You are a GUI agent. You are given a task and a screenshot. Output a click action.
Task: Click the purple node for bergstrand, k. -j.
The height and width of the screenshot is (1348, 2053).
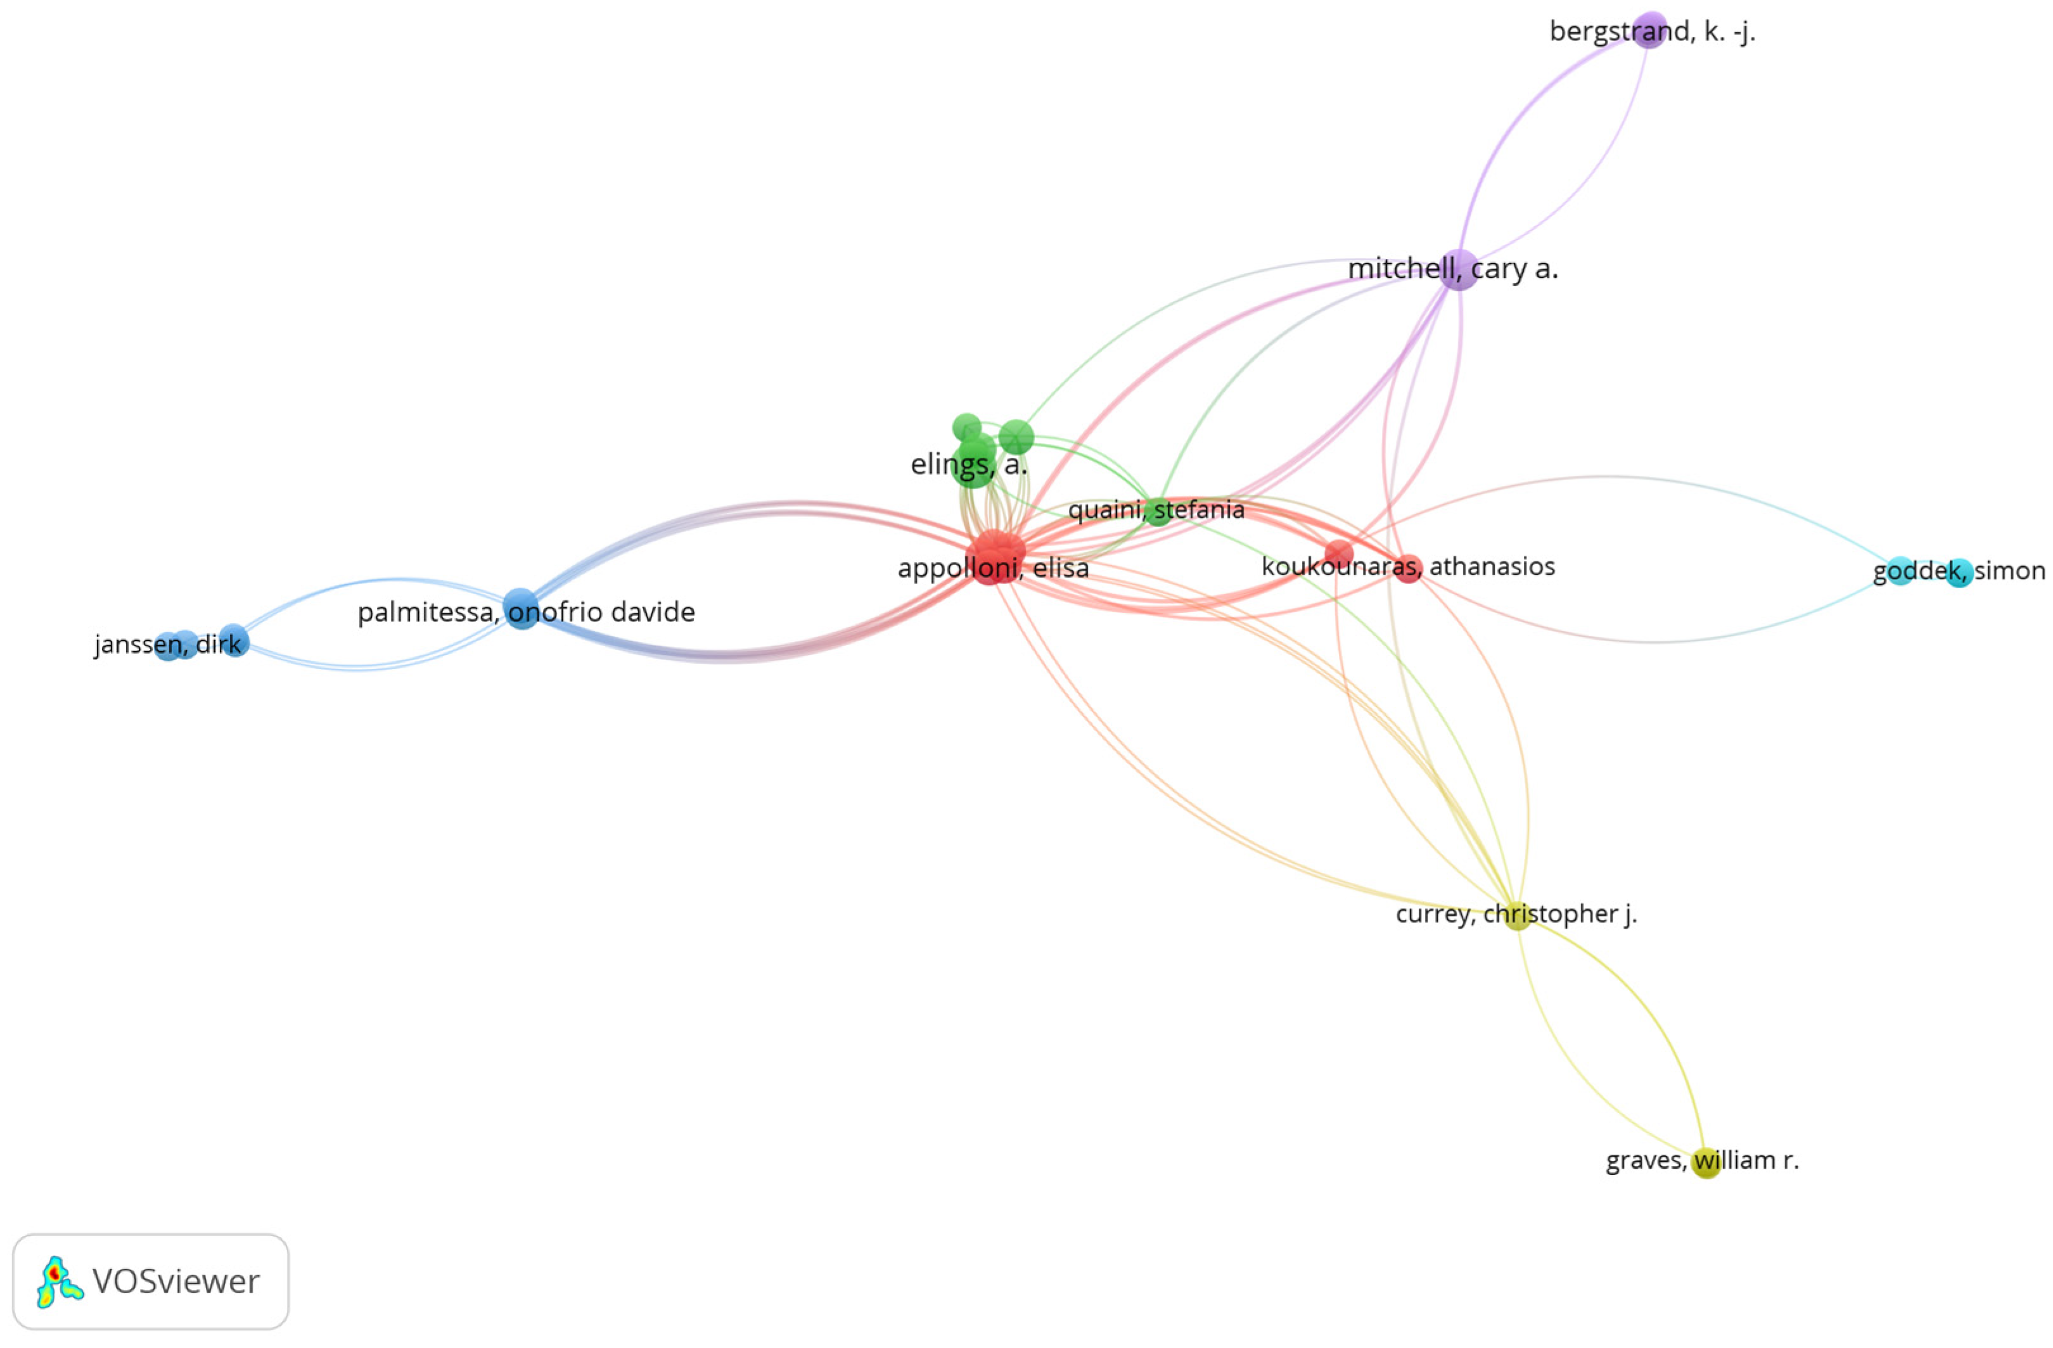(1649, 30)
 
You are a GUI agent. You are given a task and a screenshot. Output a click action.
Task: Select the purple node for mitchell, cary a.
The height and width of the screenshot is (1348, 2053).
(1459, 269)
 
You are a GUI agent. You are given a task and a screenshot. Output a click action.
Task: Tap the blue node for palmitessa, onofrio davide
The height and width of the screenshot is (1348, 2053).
(521, 609)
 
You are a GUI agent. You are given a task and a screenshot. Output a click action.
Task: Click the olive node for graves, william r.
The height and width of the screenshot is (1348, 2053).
(1705, 1162)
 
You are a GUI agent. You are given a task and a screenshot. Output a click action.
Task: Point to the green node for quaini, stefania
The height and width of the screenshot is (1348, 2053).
(1158, 511)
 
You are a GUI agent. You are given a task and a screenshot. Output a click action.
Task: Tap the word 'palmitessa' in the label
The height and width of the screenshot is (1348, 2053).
(426, 613)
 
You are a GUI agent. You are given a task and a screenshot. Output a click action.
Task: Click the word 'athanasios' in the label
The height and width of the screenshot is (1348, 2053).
(1492, 566)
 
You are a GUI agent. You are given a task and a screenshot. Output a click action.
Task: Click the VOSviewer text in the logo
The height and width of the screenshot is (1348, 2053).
(176, 1281)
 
